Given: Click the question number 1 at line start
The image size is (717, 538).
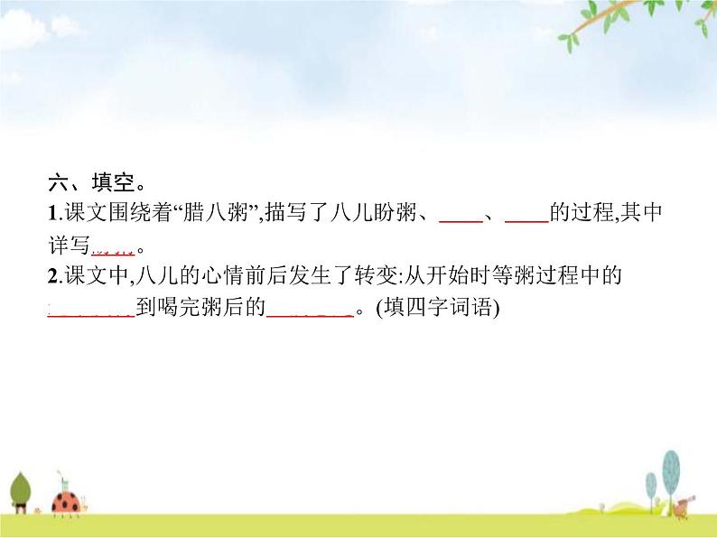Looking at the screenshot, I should pos(51,215).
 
